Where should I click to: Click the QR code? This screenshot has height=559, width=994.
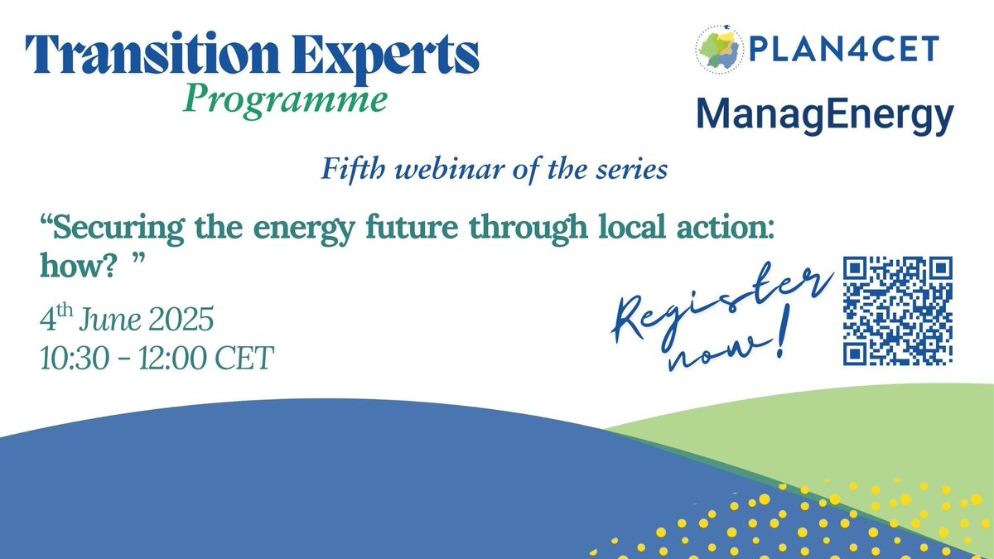pyautogui.click(x=897, y=311)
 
